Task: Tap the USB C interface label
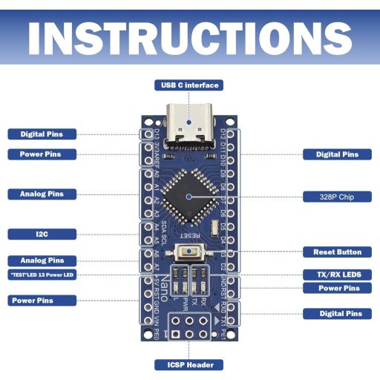pos(189,85)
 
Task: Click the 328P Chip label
pos(337,197)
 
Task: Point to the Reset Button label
pos(337,252)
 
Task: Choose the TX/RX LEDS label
pos(337,274)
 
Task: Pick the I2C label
pos(42,234)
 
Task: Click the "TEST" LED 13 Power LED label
pos(42,275)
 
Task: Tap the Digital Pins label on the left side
pos(42,134)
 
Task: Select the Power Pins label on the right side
pos(337,288)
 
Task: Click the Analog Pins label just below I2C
pos(42,261)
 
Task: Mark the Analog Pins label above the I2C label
pos(42,194)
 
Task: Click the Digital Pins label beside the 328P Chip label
pos(337,154)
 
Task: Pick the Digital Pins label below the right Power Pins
pos(337,314)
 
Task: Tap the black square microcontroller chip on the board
pos(189,196)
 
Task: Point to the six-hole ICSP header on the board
pos(189,327)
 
